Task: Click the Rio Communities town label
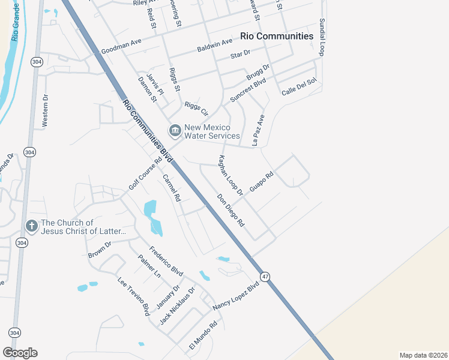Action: click(x=276, y=36)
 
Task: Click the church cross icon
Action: click(x=31, y=226)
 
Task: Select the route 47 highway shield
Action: click(x=265, y=276)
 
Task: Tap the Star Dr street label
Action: click(x=240, y=55)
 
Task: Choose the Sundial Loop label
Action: click(x=322, y=37)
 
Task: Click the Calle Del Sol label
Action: click(x=298, y=88)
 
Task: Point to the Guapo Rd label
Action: click(x=262, y=182)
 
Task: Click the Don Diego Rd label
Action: click(x=231, y=210)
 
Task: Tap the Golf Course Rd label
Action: click(x=145, y=174)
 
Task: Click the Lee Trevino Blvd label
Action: click(x=133, y=296)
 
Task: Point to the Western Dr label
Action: click(x=44, y=110)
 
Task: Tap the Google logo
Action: click(x=20, y=353)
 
